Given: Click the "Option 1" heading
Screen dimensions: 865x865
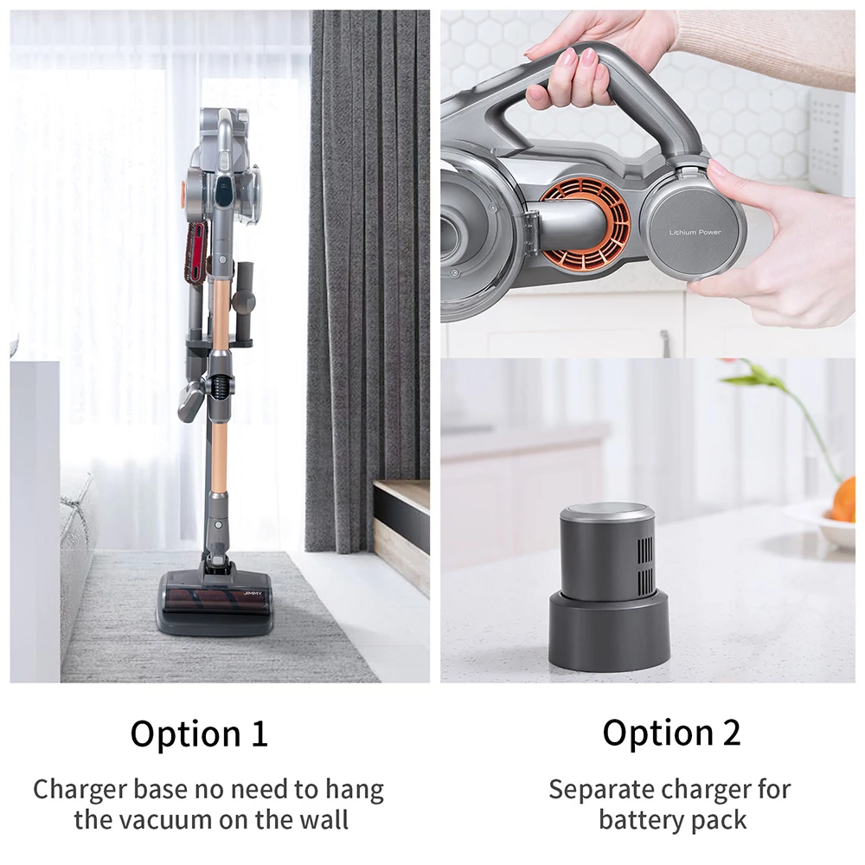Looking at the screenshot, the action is [x=199, y=734].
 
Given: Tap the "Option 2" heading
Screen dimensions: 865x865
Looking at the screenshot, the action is [x=671, y=733].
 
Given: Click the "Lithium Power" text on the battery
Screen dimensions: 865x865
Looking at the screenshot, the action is [x=695, y=232].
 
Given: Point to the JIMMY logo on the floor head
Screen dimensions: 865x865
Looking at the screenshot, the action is [x=253, y=593].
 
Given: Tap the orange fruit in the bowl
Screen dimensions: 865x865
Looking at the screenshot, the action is [x=843, y=500].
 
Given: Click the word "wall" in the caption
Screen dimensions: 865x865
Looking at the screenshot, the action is [x=325, y=819].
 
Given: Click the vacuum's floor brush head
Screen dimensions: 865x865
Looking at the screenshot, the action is [x=215, y=601].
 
